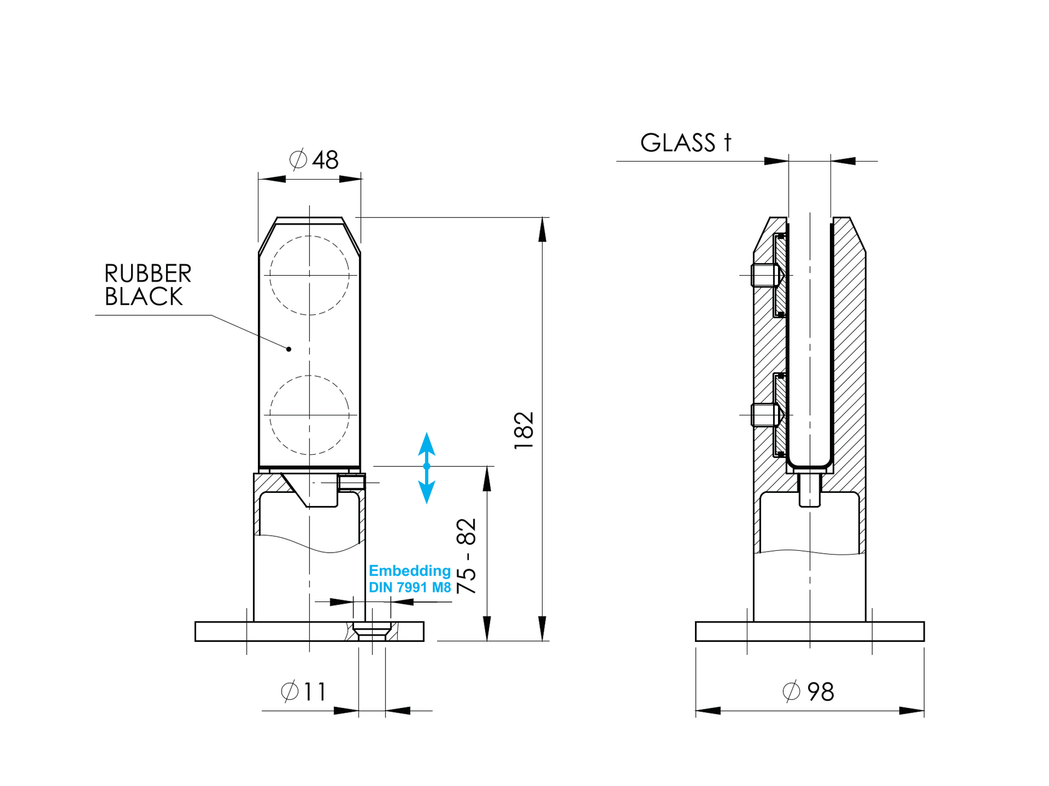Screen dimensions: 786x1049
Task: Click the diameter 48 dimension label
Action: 315,160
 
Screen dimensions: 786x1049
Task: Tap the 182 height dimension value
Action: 524,430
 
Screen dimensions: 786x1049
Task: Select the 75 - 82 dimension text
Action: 466,556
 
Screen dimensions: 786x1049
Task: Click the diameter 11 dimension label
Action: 304,692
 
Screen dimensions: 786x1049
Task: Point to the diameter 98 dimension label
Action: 809,692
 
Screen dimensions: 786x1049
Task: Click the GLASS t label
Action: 685,143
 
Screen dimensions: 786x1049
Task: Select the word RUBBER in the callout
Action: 148,274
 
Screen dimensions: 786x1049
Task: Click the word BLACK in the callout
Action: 144,297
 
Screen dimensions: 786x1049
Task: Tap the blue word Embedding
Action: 410,571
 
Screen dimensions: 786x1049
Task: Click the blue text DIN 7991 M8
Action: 410,588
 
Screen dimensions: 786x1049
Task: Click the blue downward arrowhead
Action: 426,493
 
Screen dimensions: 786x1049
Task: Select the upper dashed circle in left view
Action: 309,275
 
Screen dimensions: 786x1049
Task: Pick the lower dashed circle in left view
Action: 309,415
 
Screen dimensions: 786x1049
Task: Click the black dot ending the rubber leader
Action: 288,349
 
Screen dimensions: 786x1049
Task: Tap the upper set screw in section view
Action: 766,275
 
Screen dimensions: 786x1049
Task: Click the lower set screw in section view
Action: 766,415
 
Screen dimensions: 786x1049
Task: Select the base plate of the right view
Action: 809,631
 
